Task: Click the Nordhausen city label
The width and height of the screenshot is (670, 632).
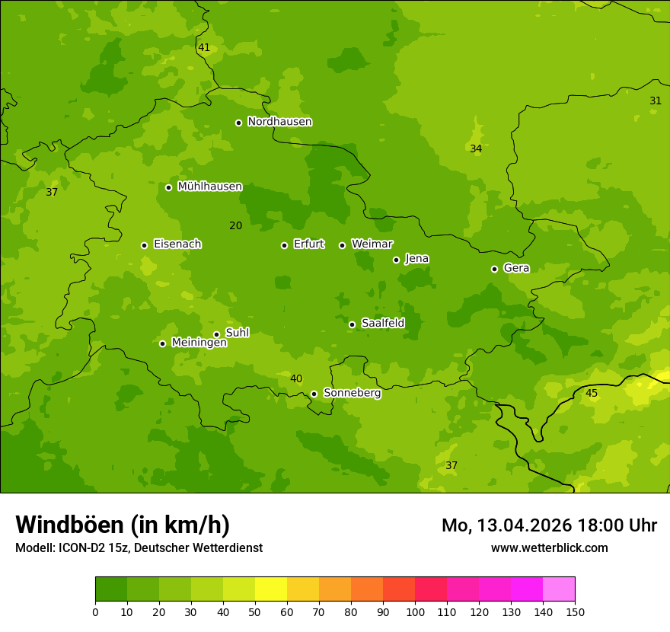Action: [x=279, y=122]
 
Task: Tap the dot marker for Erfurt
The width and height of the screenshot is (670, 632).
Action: [x=284, y=245]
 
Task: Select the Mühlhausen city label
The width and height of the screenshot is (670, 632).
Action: [x=209, y=187]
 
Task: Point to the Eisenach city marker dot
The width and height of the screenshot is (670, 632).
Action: [x=144, y=245]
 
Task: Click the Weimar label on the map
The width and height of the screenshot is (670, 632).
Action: [x=372, y=244]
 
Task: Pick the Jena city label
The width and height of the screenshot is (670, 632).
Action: [x=416, y=259]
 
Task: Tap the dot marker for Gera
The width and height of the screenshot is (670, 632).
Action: [x=494, y=269]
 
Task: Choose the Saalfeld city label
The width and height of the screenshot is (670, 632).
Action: [x=382, y=324]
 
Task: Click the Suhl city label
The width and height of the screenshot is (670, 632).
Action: [x=237, y=333]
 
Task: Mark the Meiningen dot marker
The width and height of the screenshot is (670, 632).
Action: [x=162, y=343]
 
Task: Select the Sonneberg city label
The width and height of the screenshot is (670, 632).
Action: [x=352, y=393]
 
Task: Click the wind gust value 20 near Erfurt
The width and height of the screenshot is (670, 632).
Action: [x=235, y=226]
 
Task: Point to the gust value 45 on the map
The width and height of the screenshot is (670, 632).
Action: [x=591, y=394]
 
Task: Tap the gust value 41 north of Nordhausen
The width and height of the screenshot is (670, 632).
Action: [x=203, y=48]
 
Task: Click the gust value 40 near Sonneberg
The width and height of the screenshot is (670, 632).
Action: [x=296, y=379]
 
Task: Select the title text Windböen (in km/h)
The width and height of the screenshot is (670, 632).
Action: [x=123, y=525]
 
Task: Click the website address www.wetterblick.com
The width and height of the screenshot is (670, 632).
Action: [x=549, y=548]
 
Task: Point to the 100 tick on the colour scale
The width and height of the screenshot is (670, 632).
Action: [x=415, y=612]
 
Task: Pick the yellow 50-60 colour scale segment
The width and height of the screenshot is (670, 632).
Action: [x=271, y=589]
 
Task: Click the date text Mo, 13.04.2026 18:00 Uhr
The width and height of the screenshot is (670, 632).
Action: [x=549, y=525]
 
